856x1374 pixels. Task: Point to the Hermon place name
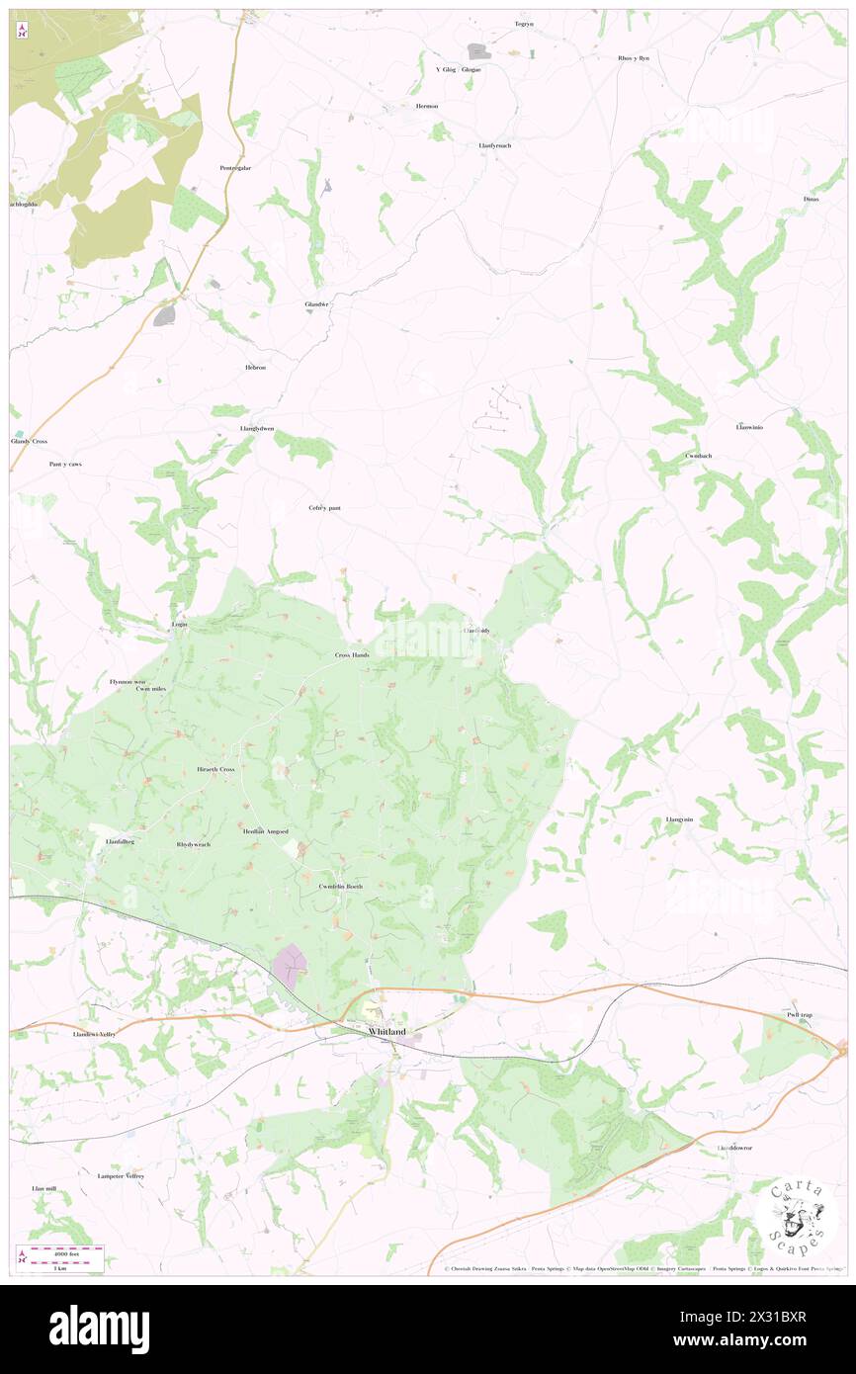427,106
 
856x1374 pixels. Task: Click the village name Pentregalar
235,168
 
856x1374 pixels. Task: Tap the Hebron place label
256,368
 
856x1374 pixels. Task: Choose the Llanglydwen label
257,429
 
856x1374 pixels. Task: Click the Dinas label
812,200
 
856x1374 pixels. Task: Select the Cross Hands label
352,655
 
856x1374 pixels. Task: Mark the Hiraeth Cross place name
216,769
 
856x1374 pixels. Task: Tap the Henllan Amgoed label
266,831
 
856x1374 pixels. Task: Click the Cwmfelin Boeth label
341,887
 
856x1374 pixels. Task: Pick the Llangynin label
679,819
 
